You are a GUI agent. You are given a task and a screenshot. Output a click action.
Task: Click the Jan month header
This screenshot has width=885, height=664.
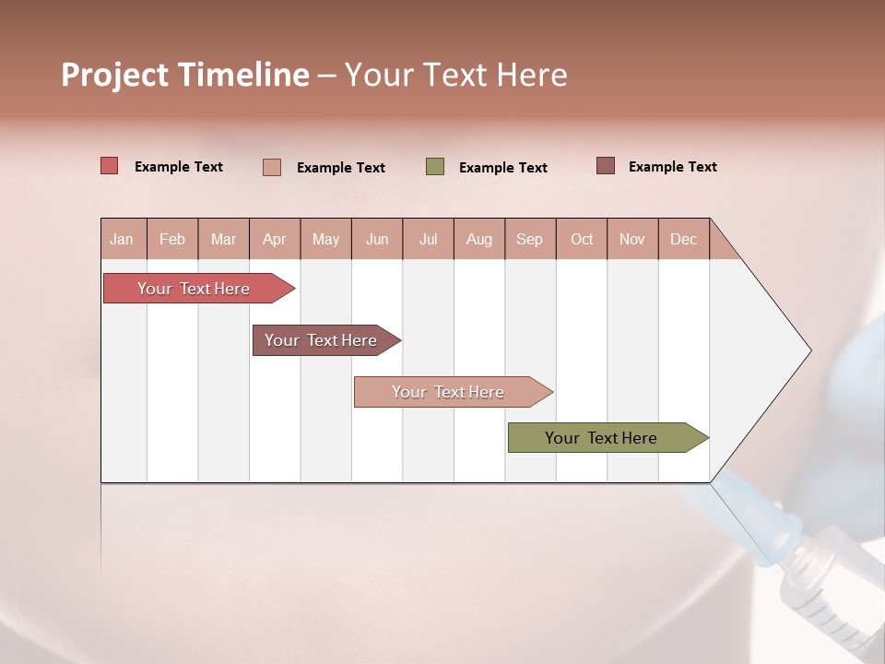coord(122,239)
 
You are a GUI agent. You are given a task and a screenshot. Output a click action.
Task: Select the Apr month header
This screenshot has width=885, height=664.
coord(274,239)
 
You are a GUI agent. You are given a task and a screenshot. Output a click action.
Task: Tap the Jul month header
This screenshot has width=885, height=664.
coord(428,239)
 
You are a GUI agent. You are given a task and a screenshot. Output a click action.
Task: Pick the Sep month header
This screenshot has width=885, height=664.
coord(529,239)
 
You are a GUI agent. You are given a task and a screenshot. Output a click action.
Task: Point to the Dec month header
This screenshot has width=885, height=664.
coord(683,239)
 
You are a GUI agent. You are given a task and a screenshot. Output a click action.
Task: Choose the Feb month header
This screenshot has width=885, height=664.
coord(172,239)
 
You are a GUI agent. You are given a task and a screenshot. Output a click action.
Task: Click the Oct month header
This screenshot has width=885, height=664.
coord(582,239)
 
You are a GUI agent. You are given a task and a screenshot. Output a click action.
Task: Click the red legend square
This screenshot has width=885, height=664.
coord(110,166)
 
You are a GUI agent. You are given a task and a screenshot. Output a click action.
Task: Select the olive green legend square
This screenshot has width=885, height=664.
coord(435,167)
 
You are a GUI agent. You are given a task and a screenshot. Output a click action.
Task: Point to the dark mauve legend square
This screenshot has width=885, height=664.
coord(606,166)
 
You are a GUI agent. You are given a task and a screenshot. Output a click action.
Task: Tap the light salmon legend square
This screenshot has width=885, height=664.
coord(272,167)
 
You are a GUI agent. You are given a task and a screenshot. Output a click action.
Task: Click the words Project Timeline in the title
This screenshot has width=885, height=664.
coord(185,75)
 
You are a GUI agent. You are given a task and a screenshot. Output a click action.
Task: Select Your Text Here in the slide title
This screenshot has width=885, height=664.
coord(455,75)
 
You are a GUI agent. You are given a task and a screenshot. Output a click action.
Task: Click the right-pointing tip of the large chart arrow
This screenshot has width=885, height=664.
coord(806,350)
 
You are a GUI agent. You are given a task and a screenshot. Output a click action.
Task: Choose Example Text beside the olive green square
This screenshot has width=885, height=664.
coord(502,168)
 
